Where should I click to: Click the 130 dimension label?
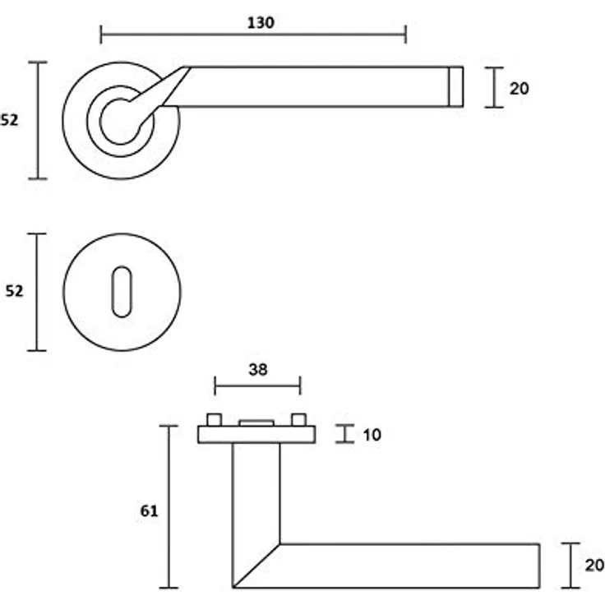(x=261, y=23)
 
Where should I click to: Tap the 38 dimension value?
(x=258, y=370)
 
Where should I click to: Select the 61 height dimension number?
(x=149, y=510)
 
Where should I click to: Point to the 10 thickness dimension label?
(x=372, y=435)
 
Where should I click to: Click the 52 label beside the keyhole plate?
(x=14, y=290)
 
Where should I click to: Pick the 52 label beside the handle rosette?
(x=9, y=120)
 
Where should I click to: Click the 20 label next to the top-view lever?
(x=520, y=89)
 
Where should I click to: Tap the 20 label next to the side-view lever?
(x=594, y=566)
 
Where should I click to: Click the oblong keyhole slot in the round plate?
(x=122, y=292)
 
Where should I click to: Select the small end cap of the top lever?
(x=456, y=87)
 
